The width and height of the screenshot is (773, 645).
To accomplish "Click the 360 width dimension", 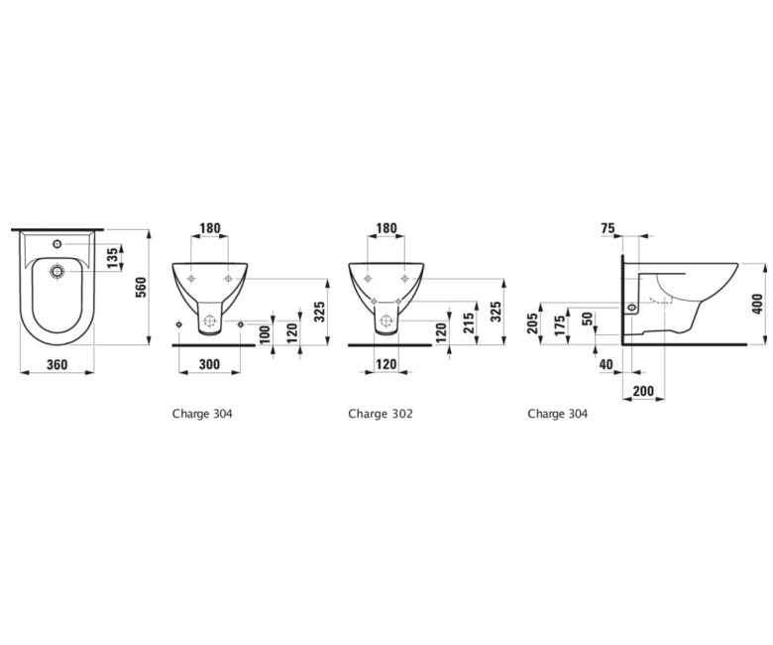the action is point(56,365).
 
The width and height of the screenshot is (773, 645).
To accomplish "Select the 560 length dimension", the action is point(141,288).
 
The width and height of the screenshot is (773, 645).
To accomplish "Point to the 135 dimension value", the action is point(113,258).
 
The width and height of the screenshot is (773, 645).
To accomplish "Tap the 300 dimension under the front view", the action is point(209,365).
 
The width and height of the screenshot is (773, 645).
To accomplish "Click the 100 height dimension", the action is point(265,335).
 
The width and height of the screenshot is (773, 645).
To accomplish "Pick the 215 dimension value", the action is point(469,322).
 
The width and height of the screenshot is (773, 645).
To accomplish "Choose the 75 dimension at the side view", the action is point(607,228).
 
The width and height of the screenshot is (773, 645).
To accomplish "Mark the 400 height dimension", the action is point(758,304).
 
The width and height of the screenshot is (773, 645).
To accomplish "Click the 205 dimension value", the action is point(533,323).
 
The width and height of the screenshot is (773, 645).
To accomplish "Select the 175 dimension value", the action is point(560,325).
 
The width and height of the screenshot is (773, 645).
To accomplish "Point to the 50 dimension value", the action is point(587,319).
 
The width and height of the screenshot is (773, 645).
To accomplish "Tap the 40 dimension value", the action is point(606,365).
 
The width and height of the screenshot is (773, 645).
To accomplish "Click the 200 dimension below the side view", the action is point(643,391).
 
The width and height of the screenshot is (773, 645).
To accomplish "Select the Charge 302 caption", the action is point(381,414).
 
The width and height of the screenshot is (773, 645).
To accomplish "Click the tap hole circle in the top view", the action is point(57,244).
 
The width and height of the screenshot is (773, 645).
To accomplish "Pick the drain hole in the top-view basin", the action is point(57,271).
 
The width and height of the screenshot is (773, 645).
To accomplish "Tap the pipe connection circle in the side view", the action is point(631,309).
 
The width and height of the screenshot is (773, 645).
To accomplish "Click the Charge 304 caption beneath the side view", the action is point(558,414).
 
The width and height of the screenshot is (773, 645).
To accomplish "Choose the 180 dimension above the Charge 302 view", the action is point(386,228).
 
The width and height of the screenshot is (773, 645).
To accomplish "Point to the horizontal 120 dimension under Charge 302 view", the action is point(386,365).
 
